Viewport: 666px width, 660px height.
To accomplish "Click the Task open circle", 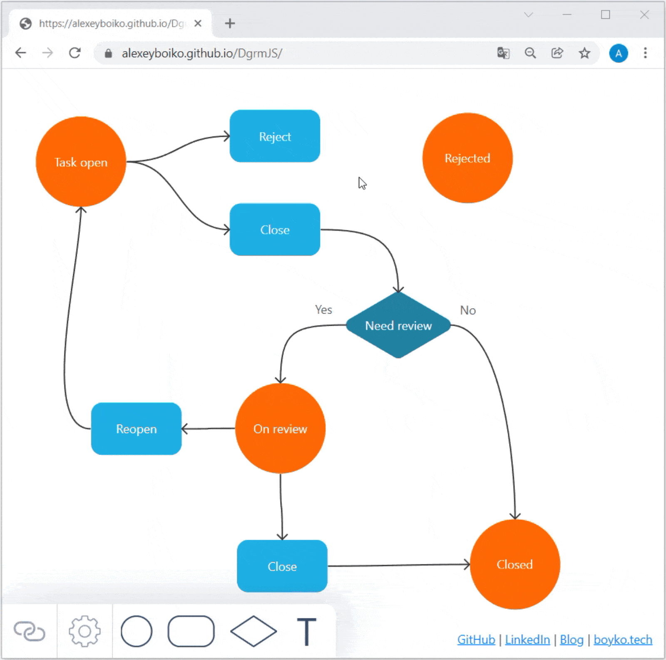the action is click(x=81, y=162).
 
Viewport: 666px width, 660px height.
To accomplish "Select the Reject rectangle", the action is click(x=275, y=136).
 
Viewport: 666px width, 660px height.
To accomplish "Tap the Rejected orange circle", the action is click(x=467, y=158).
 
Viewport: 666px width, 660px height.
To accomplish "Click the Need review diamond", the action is click(x=398, y=325).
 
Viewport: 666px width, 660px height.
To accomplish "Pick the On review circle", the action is click(x=280, y=428).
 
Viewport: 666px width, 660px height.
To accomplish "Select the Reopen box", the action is click(x=136, y=429).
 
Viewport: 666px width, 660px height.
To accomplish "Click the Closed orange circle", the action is click(x=515, y=564).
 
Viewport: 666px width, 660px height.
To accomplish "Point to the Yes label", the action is click(x=323, y=310).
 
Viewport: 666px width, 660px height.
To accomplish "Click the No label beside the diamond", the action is click(x=468, y=310).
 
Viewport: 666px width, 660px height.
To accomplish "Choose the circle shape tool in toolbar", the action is click(x=137, y=631).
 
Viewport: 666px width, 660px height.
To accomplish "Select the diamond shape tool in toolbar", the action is click(x=253, y=631).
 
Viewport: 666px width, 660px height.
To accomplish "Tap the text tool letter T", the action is click(x=307, y=631).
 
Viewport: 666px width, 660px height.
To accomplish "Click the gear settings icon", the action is click(x=84, y=631).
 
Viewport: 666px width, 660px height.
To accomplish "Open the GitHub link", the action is click(x=476, y=640).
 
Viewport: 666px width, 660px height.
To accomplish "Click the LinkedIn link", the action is click(x=527, y=640).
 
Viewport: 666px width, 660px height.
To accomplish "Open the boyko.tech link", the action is click(x=623, y=640).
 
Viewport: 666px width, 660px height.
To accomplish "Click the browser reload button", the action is click(x=75, y=53).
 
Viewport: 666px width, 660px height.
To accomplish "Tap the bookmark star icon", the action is click(x=584, y=53).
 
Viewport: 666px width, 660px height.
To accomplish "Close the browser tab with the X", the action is click(x=198, y=23).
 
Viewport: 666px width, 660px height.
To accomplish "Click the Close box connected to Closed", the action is click(x=282, y=566).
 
